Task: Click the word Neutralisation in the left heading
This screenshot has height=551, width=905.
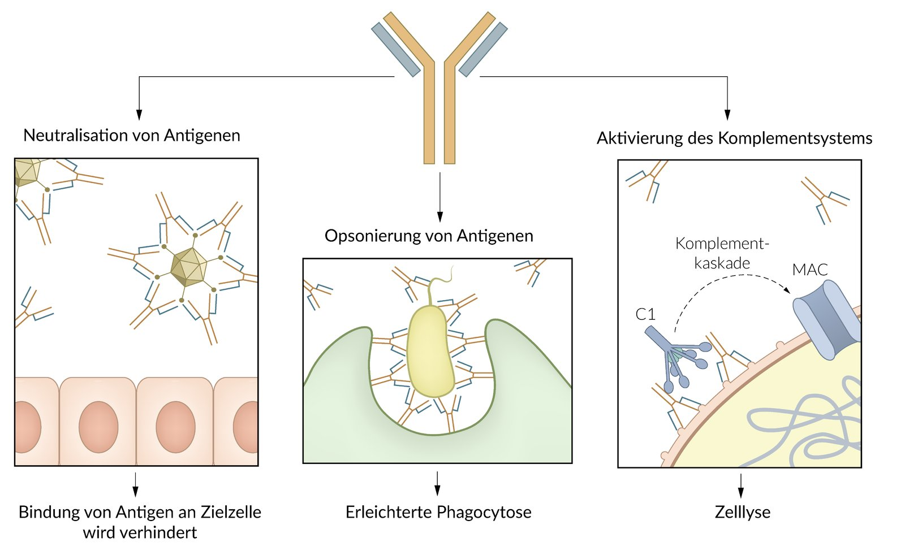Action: (x=75, y=135)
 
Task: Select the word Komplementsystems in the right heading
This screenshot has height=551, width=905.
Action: (x=795, y=138)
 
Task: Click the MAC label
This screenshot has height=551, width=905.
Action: (x=810, y=269)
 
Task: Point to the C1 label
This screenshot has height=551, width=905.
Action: (x=645, y=314)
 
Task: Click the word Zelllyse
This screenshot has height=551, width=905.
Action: (x=743, y=512)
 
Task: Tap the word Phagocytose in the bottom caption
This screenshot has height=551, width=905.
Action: (x=484, y=512)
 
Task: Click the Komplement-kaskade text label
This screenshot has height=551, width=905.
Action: (x=722, y=254)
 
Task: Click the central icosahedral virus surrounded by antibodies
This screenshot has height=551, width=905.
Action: (x=189, y=267)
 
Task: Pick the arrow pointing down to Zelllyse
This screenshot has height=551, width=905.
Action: (x=740, y=485)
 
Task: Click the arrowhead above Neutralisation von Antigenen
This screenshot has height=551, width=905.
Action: (x=139, y=115)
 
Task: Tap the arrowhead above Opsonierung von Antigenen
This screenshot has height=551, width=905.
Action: (x=440, y=217)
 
